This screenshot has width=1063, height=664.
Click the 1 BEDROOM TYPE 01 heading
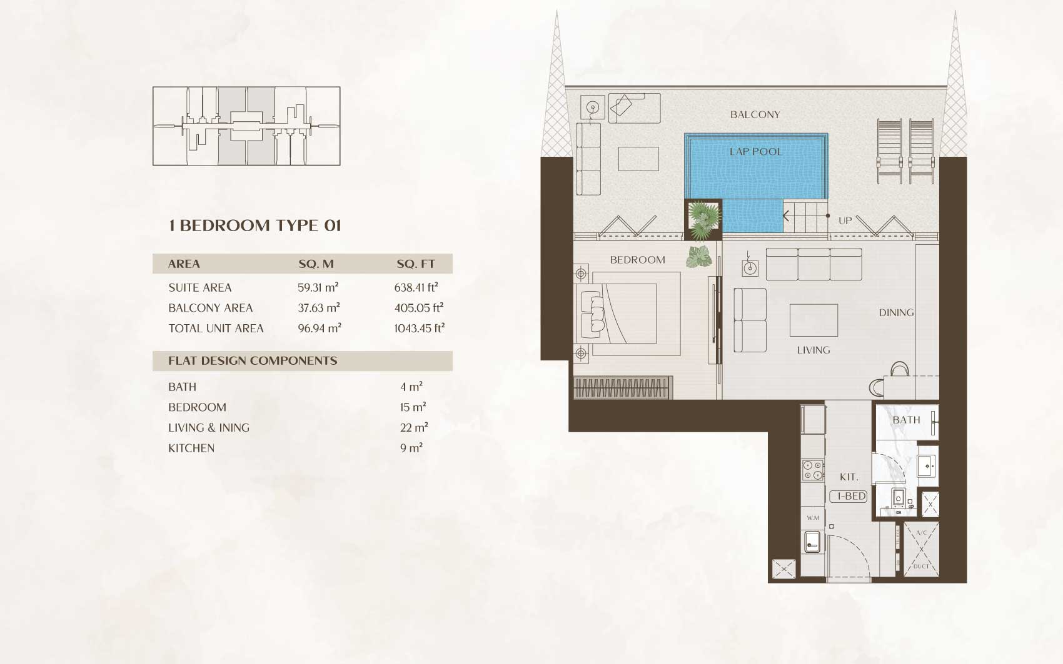pyautogui.click(x=255, y=225)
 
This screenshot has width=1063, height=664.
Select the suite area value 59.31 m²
pyautogui.click(x=318, y=287)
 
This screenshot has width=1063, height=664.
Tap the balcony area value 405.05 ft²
pyautogui.click(x=419, y=307)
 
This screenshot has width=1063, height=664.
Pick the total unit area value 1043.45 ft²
pyautogui.click(x=420, y=328)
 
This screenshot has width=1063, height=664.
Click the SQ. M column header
pyautogui.click(x=316, y=264)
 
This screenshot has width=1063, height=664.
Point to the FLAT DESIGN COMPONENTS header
pyautogui.click(x=253, y=360)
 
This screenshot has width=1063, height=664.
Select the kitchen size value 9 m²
pyautogui.click(x=411, y=448)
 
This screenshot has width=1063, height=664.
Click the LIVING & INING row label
pyautogui.click(x=208, y=427)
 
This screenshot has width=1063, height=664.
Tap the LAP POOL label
pyautogui.click(x=756, y=152)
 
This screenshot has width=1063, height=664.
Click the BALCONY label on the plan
pyautogui.click(x=755, y=115)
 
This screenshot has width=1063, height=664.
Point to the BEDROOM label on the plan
pyautogui.click(x=637, y=260)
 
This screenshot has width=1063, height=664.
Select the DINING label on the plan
pyautogui.click(x=896, y=312)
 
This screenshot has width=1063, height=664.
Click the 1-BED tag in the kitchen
pyautogui.click(x=849, y=496)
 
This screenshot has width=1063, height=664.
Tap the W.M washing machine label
pyautogui.click(x=813, y=518)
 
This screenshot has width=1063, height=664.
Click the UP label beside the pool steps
pyautogui.click(x=845, y=221)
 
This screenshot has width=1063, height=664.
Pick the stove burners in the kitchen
pyautogui.click(x=813, y=470)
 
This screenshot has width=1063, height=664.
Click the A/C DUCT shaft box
pyautogui.click(x=921, y=549)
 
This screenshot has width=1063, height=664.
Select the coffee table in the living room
pyautogui.click(x=814, y=320)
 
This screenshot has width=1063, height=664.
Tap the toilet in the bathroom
pyautogui.click(x=899, y=498)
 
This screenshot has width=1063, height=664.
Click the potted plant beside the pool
pyautogui.click(x=703, y=219)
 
